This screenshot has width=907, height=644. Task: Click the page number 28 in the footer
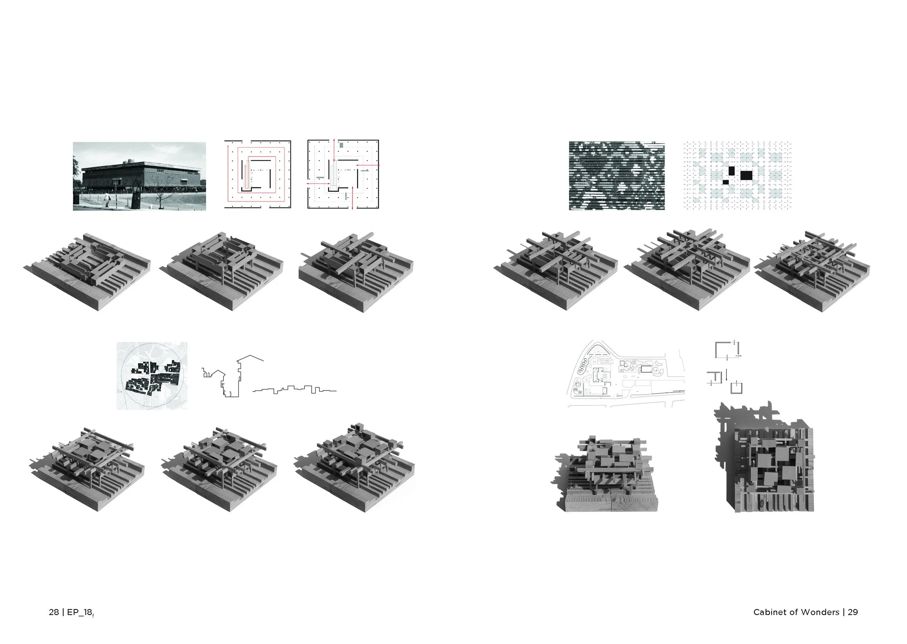click(x=53, y=612)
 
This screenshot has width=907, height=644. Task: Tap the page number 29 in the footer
click(x=853, y=612)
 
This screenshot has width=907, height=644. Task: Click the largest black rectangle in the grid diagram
click(x=746, y=175)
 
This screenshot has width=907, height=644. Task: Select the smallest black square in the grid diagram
click(x=726, y=182)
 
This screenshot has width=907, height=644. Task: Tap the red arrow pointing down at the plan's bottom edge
click(x=353, y=203)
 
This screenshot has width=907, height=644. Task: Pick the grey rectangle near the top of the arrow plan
click(x=341, y=145)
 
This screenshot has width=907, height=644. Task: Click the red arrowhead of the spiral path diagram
click(x=228, y=147)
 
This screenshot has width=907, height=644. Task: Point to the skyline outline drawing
click(x=294, y=390)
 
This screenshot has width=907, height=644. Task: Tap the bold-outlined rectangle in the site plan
click(x=647, y=369)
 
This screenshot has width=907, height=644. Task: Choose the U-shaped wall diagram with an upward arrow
click(x=736, y=387)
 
